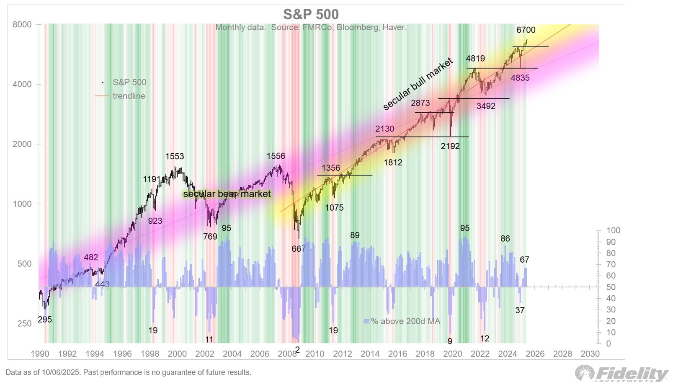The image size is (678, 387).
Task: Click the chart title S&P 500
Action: [311, 14]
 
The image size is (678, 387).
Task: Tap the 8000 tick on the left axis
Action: [22, 24]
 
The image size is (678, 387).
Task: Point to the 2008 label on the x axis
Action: [287, 354]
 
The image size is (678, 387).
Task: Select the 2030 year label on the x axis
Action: [590, 354]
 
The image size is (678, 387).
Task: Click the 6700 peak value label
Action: [526, 30]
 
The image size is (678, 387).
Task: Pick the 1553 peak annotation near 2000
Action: [175, 156]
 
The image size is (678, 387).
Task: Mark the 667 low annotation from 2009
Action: [299, 249]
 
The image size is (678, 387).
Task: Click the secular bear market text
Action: [227, 194]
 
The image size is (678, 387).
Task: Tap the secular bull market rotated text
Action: [418, 84]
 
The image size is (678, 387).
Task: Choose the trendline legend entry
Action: [129, 96]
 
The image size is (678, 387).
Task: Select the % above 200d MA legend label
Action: [405, 321]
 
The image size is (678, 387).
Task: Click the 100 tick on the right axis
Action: [614, 230]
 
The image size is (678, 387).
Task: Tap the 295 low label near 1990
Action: [45, 320]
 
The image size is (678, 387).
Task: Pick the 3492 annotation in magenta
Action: [486, 106]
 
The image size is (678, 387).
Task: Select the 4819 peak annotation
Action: [475, 59]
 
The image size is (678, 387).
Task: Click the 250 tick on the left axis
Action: [24, 324]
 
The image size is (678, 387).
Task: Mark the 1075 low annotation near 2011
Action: [334, 208]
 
